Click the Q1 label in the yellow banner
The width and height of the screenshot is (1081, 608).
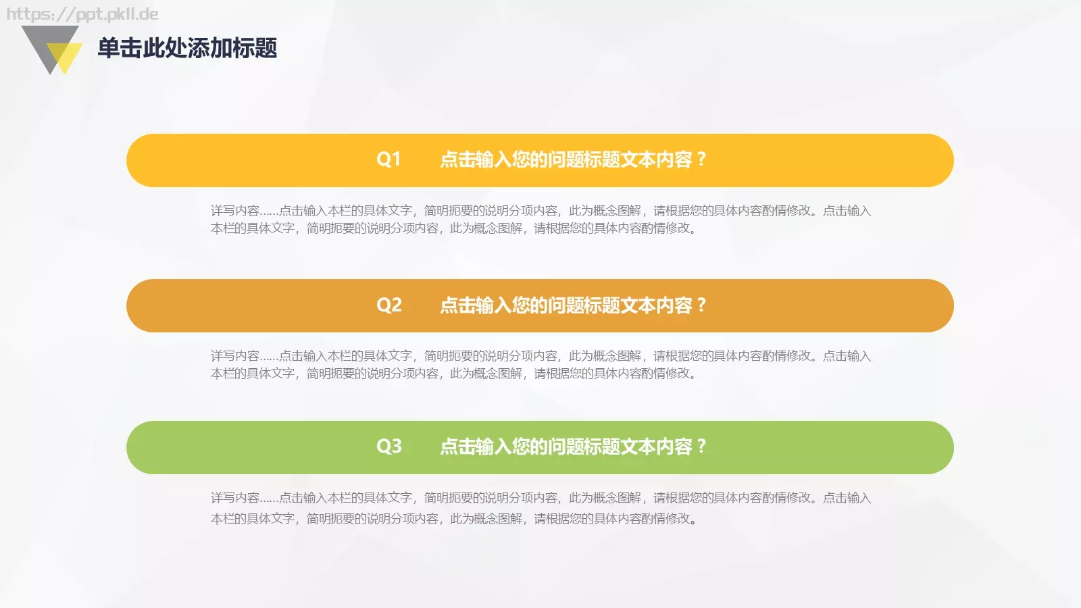388,159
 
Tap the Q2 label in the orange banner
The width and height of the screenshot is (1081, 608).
388,305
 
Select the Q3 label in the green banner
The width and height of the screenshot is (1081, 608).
388,447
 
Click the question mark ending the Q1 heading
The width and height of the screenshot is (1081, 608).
701,159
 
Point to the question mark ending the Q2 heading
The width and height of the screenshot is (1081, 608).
701,305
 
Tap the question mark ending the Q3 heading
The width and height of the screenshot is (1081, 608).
701,447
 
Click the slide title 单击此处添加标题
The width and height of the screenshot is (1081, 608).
187,48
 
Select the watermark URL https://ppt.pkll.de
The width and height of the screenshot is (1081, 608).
82,14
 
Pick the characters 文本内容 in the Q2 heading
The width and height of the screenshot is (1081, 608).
655,305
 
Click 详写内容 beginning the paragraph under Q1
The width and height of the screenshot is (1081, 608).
234,211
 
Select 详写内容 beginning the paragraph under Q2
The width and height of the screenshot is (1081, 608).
234,356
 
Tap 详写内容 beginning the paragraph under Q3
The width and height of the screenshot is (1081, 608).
234,498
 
